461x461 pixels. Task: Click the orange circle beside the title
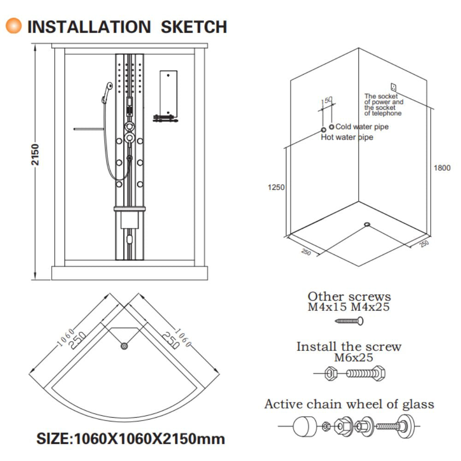click(13, 25)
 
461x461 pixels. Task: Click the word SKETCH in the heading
click(194, 27)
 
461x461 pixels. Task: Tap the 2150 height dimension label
click(35, 154)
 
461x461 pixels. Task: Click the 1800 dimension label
click(442, 168)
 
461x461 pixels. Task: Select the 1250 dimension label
click(276, 187)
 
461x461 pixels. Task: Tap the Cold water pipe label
click(362, 127)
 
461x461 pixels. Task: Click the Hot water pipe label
click(347, 137)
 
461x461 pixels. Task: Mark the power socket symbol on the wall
click(393, 87)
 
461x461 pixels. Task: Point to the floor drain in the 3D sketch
click(367, 225)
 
